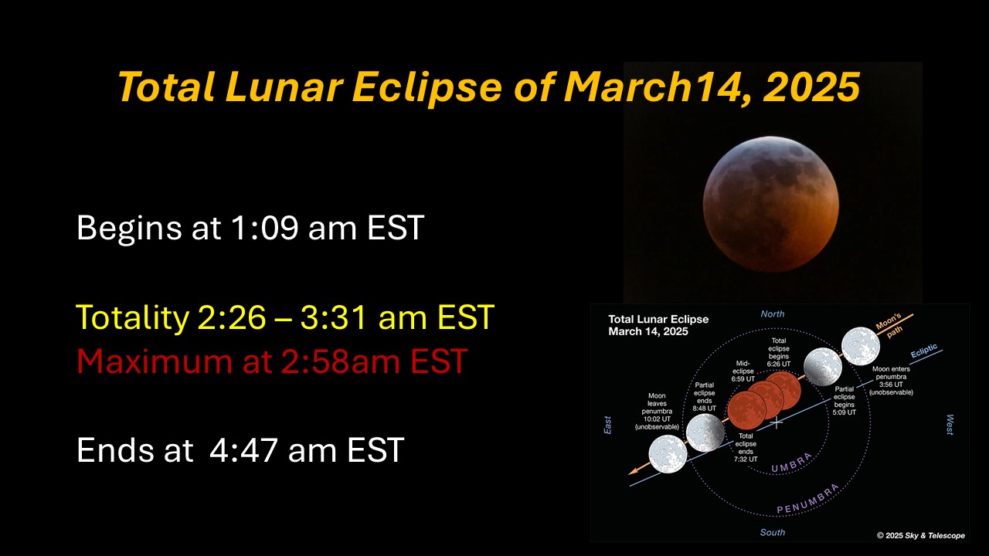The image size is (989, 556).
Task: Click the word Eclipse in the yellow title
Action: coord(427,87)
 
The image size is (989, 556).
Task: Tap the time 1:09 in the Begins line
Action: coord(264,228)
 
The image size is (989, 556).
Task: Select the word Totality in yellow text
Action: coord(132,317)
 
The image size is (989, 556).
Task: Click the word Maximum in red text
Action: coord(154,361)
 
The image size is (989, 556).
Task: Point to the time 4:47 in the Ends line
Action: coord(243,450)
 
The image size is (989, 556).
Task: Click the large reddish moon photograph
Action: coord(771,204)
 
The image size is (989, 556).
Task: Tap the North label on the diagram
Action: coord(773,314)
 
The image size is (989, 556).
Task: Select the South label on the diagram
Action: coord(772,532)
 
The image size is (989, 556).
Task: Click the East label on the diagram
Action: coord(607,425)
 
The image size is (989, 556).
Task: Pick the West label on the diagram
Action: coord(950,425)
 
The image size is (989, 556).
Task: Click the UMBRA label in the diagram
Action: coord(792,463)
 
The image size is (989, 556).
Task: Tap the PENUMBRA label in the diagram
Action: coord(808,499)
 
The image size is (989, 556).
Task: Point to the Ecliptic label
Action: coord(923,351)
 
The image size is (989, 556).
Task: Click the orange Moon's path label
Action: coord(890,326)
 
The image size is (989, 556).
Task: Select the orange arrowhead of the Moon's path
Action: coord(634,471)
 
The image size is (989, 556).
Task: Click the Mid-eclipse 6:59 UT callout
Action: coord(743,371)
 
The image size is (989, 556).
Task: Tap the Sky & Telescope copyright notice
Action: coord(921,535)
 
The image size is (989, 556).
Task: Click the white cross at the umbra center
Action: coord(777,422)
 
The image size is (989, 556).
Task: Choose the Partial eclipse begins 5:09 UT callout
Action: coord(845,401)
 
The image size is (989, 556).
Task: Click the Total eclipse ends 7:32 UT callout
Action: coord(746,447)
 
